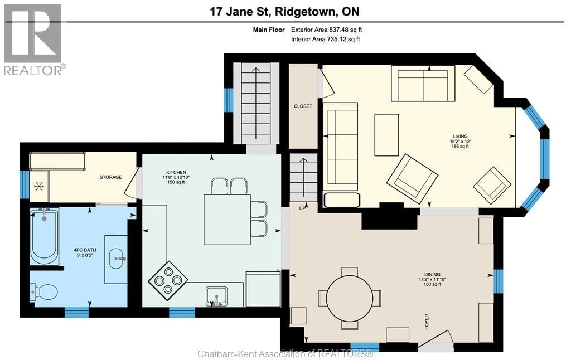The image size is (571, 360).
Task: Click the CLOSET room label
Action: tap(303, 106)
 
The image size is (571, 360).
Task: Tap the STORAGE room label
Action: tap(110, 177)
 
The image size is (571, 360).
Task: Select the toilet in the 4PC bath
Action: tap(45, 291)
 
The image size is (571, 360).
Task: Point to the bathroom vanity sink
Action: tap(117, 258)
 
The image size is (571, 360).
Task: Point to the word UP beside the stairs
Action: tap(303, 208)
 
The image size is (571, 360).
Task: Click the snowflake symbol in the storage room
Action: tap(40, 186)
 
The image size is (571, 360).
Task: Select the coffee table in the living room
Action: tap(386, 135)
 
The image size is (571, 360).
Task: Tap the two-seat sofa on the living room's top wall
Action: tap(423, 84)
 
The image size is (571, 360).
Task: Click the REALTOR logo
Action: tap(33, 40)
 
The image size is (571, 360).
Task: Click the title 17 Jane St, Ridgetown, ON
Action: tap(284, 11)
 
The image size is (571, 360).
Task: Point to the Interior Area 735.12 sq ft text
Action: tap(326, 40)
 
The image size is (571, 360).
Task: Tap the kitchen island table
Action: tap(226, 219)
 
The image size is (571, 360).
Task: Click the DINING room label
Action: tap(432, 274)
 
